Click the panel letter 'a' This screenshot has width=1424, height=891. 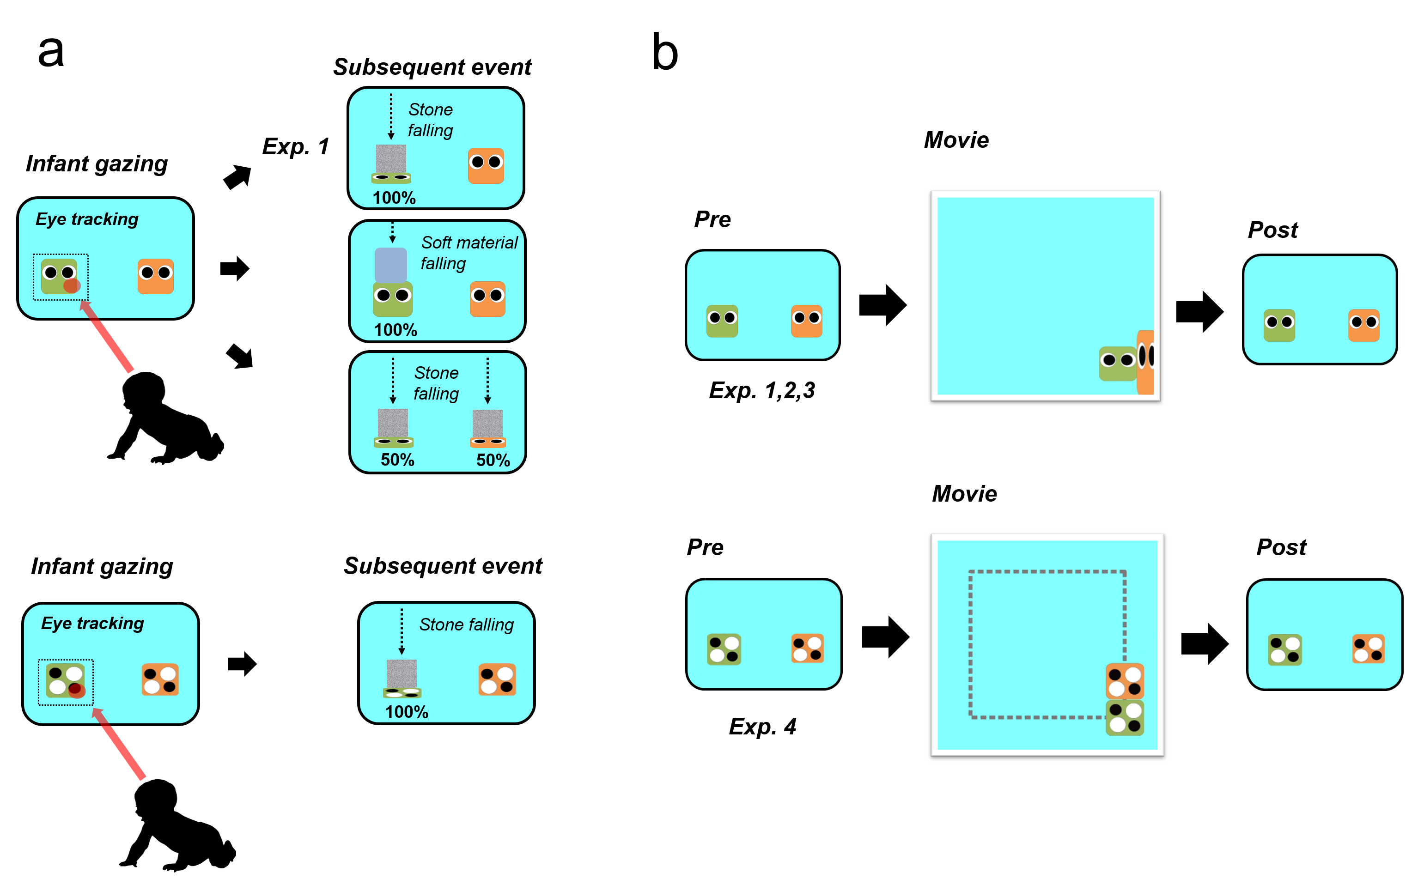51,52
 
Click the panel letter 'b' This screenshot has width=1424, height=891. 665,53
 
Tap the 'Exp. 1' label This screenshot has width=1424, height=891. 295,146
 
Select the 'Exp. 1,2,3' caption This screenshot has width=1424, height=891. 761,390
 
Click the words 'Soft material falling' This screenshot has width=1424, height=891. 469,253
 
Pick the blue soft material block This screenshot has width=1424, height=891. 391,265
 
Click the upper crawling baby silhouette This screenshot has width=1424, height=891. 165,418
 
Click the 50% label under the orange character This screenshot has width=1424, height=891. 493,460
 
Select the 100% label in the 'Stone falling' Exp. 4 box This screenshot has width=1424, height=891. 406,712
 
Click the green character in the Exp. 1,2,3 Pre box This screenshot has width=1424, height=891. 722,321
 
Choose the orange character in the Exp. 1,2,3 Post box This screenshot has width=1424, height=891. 1364,325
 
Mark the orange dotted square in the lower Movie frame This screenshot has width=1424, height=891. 1125,681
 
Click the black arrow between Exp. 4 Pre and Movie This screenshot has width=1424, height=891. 885,637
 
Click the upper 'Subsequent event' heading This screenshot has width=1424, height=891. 432,67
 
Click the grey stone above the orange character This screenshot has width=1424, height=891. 487,424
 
